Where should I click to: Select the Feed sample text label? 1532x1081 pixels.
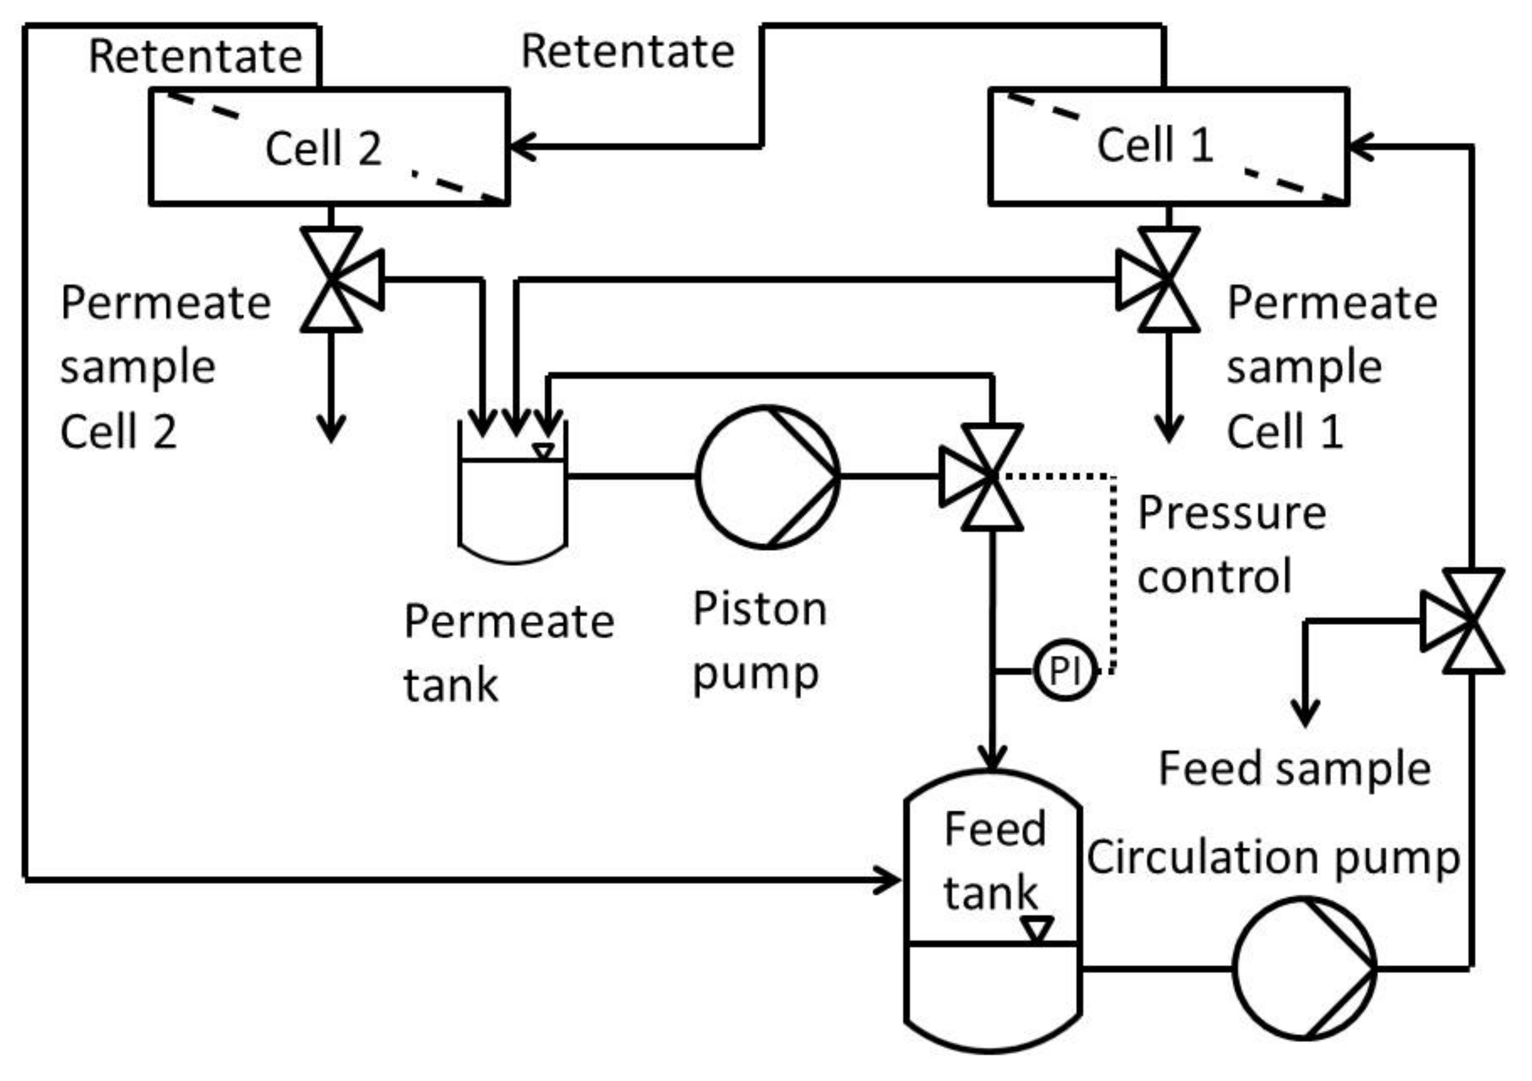(x=1294, y=769)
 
